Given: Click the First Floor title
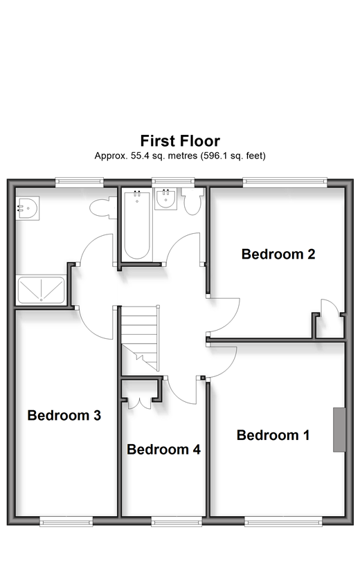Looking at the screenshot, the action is click(180, 140).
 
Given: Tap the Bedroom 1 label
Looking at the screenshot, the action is click(273, 435).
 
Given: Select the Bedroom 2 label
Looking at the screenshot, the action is click(278, 254).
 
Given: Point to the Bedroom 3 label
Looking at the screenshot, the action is click(64, 416).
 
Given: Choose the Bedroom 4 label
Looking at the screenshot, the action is click(163, 450).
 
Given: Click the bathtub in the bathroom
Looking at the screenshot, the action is click(137, 225).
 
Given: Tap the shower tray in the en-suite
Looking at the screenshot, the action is click(41, 290).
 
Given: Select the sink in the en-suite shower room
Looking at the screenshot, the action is click(28, 208).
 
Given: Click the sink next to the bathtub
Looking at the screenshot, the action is click(165, 199).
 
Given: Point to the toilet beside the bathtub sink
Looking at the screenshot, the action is click(192, 201).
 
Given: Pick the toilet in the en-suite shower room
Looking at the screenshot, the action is click(103, 208).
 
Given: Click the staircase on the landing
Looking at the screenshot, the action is click(141, 338).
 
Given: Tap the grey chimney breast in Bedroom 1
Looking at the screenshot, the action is click(339, 430).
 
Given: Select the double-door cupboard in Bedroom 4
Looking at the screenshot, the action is click(139, 403).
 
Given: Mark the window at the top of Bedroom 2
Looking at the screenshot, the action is click(285, 181).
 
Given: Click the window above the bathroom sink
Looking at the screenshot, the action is click(173, 181).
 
